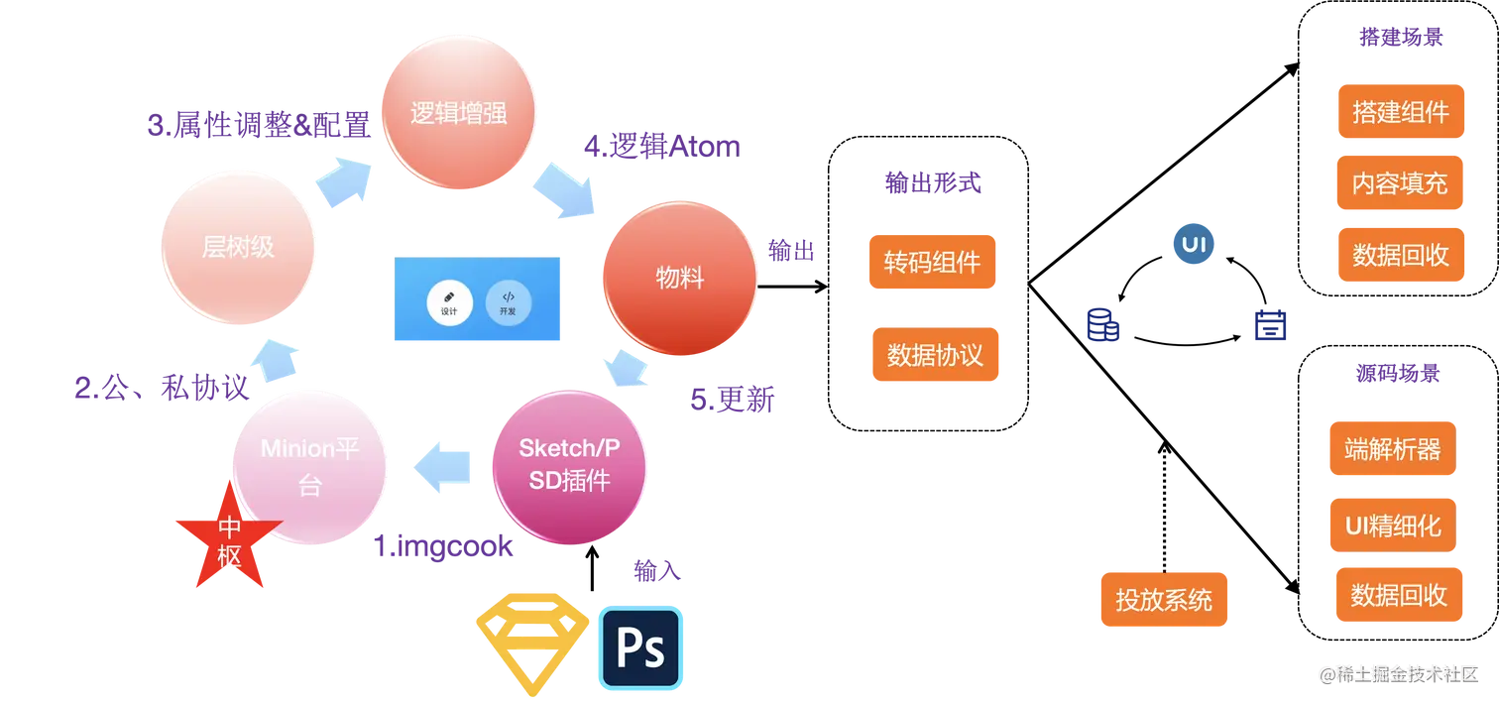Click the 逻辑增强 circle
point(459,113)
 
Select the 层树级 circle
point(238,247)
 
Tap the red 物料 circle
point(680,279)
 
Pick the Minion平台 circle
point(309,467)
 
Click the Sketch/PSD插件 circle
point(569,465)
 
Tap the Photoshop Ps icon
point(640,647)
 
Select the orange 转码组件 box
point(932,262)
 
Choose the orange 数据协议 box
point(935,354)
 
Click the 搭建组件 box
point(1400,111)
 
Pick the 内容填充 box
point(1400,183)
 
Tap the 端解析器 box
point(1392,449)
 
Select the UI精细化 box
point(1392,526)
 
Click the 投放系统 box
point(1164,599)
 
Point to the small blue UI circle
point(1194,245)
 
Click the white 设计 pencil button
point(449,301)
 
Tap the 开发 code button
point(508,301)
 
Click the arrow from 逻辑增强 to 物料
point(565,190)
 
